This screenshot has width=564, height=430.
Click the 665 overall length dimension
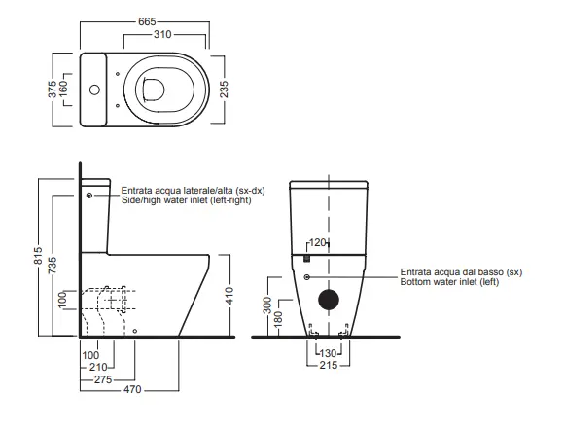coord(147,21)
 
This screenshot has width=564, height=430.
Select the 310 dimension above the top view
coord(162,35)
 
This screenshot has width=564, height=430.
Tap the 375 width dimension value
coord(53,89)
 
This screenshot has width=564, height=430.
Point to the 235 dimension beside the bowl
coord(224,89)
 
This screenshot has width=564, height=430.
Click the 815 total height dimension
coord(38,256)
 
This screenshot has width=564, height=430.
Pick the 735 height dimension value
coord(53,265)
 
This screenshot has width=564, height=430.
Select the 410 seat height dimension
coord(230,296)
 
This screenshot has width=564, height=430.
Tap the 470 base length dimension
coord(132,389)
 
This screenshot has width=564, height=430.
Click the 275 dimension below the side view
coord(103,379)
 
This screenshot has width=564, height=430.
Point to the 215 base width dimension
coord(329,365)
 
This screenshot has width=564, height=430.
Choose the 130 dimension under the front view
coord(328,353)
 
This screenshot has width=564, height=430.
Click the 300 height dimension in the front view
coord(267,305)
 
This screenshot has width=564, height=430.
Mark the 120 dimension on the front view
coord(317,243)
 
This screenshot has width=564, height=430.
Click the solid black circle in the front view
coord(329,300)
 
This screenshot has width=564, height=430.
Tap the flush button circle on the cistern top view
coord(94,90)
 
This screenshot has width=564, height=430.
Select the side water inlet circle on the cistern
coord(89,195)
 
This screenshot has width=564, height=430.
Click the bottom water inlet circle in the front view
coord(307,277)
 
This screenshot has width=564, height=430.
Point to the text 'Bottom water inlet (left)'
coord(449,282)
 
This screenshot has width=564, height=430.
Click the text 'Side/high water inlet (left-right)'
coord(187,200)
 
